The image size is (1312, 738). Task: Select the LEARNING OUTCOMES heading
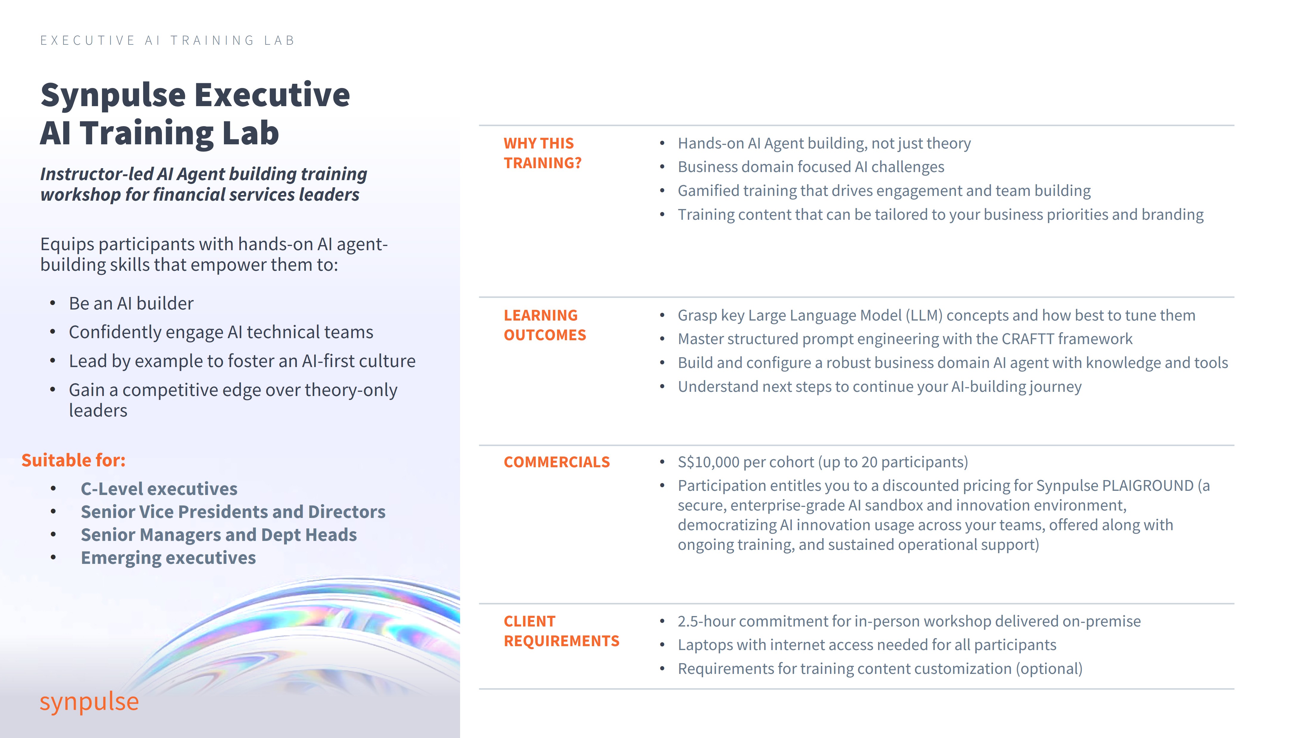[x=544, y=325]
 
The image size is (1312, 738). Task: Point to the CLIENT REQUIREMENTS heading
[x=561, y=631]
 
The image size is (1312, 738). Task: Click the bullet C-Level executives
[x=159, y=489]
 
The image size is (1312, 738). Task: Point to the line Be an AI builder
[x=131, y=304]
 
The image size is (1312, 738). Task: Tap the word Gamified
[x=708, y=191]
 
